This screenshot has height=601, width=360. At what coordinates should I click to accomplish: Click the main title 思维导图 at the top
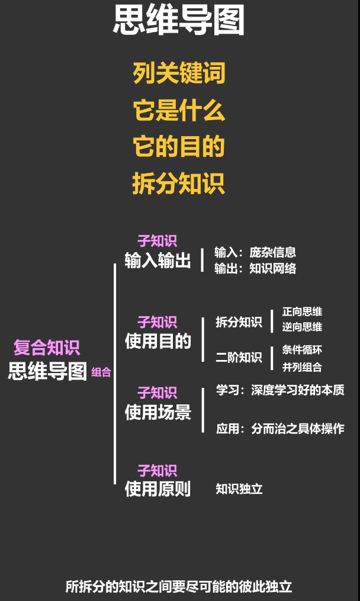pyautogui.click(x=179, y=22)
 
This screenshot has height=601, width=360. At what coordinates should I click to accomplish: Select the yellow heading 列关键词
pyautogui.click(x=179, y=74)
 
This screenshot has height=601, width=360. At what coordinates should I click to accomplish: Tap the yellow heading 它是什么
pyautogui.click(x=179, y=111)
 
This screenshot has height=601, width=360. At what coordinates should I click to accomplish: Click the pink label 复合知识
pyautogui.click(x=47, y=348)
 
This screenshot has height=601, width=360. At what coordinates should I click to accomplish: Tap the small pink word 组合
pyautogui.click(x=101, y=372)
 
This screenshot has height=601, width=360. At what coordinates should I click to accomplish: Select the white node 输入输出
pyautogui.click(x=157, y=261)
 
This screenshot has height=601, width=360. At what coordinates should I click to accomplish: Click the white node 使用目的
pyautogui.click(x=157, y=341)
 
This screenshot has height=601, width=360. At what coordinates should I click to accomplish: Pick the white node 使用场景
pyautogui.click(x=157, y=412)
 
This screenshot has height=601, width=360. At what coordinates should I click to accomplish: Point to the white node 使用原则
pyautogui.click(x=157, y=489)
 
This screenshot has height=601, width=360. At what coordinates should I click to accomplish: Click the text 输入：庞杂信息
pyautogui.click(x=255, y=252)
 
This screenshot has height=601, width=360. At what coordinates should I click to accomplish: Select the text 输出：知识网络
pyautogui.click(x=255, y=268)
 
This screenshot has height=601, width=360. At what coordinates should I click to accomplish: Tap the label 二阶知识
pyautogui.click(x=239, y=357)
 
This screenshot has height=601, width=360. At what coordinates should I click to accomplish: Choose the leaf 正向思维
pyautogui.click(x=302, y=311)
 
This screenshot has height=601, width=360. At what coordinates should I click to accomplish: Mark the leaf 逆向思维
pyautogui.click(x=302, y=327)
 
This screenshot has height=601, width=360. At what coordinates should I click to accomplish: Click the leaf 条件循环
pyautogui.click(x=302, y=349)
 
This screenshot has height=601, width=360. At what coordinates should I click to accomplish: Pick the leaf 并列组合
pyautogui.click(x=302, y=367)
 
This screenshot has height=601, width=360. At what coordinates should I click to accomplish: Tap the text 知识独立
pyautogui.click(x=239, y=489)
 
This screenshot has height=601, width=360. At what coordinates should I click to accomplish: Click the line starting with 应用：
pyautogui.click(x=280, y=429)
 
